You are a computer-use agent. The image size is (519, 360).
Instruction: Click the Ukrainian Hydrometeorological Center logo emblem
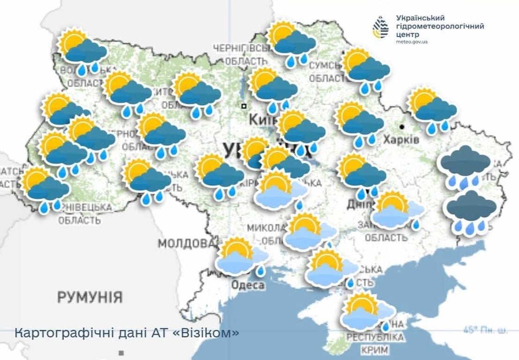[380, 27]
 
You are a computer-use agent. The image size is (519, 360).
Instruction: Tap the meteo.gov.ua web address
[412, 42]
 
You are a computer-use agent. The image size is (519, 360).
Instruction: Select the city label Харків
[401, 139]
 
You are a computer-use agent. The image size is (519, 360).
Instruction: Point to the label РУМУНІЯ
[90, 296]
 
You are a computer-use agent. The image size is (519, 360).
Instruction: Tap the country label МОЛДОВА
[188, 243]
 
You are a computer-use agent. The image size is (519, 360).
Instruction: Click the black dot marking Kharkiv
[402, 127]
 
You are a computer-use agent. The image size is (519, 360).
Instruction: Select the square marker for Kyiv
[244, 106]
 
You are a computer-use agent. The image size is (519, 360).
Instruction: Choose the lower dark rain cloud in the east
[470, 211]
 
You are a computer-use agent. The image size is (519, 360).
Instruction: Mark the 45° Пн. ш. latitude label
[485, 330]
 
